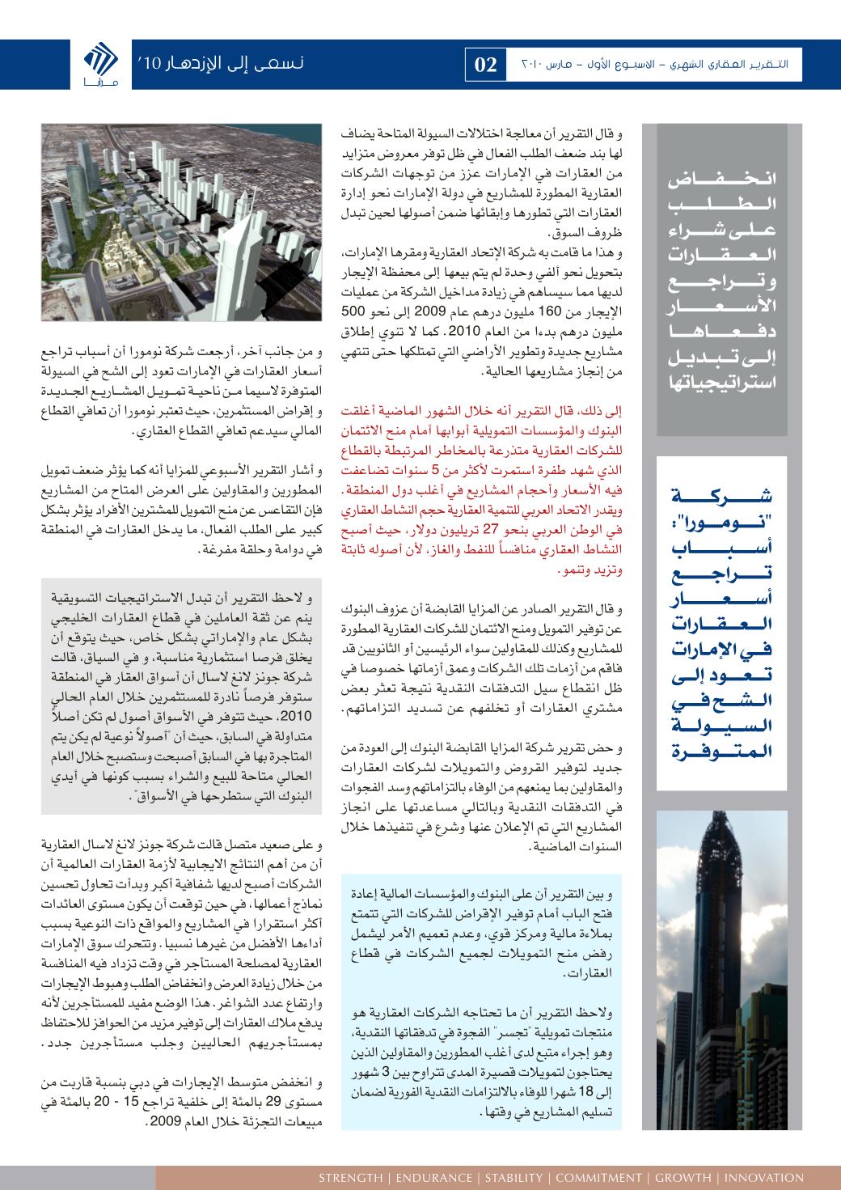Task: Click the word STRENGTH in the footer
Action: [x=351, y=1177]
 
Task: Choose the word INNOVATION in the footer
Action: [x=764, y=1177]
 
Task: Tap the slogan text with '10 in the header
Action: [x=218, y=63]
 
